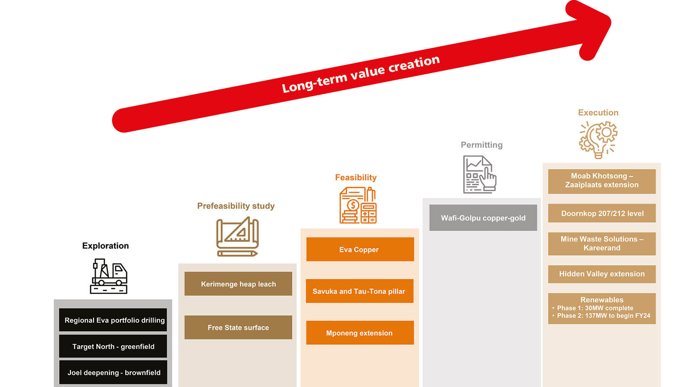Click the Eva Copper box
coord(360,249)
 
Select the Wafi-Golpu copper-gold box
coord(483,218)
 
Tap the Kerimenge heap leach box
coord(238,284)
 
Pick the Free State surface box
coord(238,327)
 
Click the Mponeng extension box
coord(360,333)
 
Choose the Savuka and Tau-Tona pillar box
coord(359,291)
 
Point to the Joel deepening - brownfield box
coord(113,372)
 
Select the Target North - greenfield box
coord(113,346)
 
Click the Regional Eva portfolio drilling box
coord(113,320)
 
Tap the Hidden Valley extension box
coord(602,274)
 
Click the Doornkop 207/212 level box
coord(602,213)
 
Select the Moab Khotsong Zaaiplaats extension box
coord(602,181)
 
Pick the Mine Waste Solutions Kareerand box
coord(602,244)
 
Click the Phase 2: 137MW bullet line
coord(603,316)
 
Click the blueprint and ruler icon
coord(237,236)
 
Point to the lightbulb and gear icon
coord(598,140)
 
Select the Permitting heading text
coord(481,145)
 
